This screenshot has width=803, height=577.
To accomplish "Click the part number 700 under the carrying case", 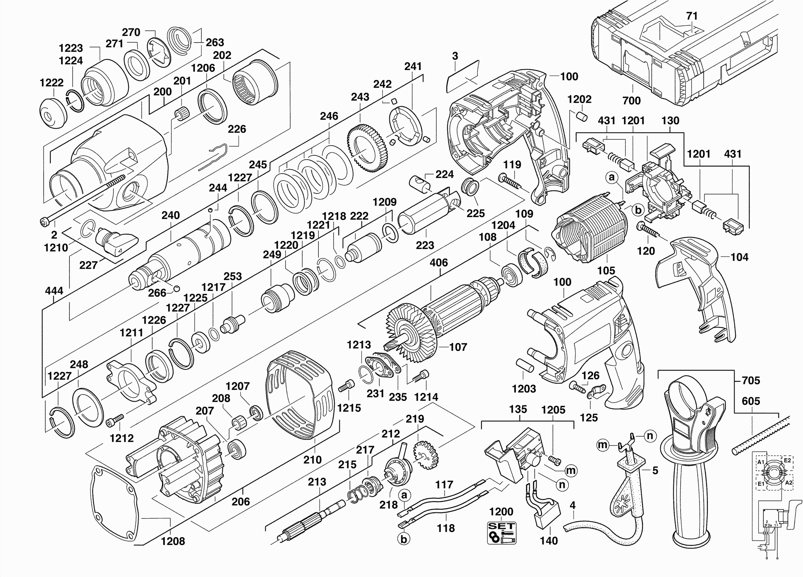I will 632,101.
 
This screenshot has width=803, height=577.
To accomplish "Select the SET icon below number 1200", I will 502,533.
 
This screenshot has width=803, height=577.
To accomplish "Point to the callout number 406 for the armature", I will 439,262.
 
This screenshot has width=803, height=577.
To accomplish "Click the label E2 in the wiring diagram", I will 787,460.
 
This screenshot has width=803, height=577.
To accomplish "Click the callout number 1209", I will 384,202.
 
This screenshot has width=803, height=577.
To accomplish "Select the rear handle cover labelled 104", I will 694,283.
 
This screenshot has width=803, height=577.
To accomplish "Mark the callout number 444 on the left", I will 54,291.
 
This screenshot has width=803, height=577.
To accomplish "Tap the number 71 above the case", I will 692,16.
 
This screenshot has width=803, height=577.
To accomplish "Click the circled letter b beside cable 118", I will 404,539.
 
